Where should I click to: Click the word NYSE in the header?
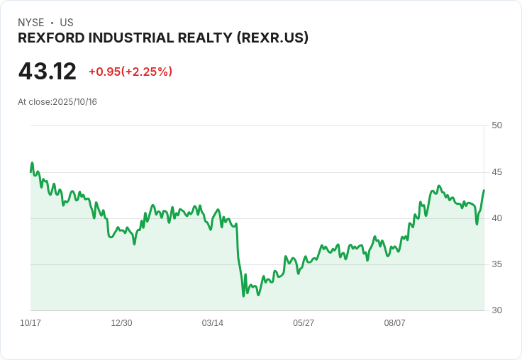[x=31, y=23]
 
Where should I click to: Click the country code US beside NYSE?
[x=67, y=23]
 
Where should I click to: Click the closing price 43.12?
[x=47, y=72]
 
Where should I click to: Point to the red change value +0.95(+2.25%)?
[x=130, y=72]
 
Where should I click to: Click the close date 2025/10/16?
[x=74, y=102]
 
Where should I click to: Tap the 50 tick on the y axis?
[x=496, y=125]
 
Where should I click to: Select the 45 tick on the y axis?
[x=496, y=172]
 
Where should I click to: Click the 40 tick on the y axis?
[x=496, y=218]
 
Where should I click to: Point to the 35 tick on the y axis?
[x=496, y=264]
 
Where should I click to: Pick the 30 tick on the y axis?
[x=496, y=310]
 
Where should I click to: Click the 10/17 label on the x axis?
[x=30, y=323]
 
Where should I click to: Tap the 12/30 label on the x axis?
[x=121, y=323]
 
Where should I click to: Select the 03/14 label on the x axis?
[x=212, y=323]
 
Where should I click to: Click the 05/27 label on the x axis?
[x=304, y=323]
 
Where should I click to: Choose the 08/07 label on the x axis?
[x=394, y=323]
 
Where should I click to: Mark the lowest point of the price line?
[x=243, y=296]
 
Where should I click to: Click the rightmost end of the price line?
[x=484, y=190]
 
